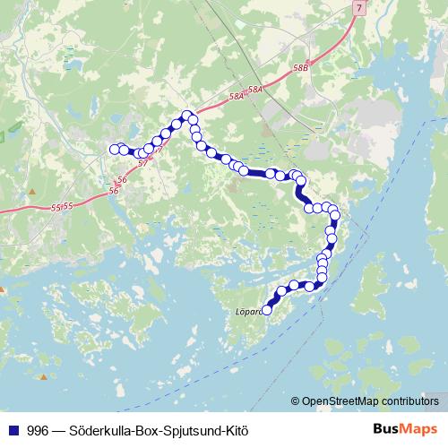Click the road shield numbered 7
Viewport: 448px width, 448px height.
[x=359, y=7]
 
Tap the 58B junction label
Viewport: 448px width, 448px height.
[x=300, y=67]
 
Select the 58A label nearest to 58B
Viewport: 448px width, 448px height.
[x=255, y=90]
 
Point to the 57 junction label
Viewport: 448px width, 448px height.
[x=143, y=163]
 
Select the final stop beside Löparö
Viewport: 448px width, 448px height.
[x=267, y=310]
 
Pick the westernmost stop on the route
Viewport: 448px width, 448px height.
[x=114, y=150]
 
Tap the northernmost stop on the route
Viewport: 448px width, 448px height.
[x=187, y=115]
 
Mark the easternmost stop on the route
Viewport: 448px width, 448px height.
[x=336, y=215]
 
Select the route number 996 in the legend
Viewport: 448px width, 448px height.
[x=39, y=430]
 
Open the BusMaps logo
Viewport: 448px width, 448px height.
[x=406, y=430]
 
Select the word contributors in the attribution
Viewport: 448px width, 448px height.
[x=411, y=401]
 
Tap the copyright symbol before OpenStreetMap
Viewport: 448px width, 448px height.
[x=296, y=401]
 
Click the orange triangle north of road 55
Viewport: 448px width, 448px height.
[x=31, y=191]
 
